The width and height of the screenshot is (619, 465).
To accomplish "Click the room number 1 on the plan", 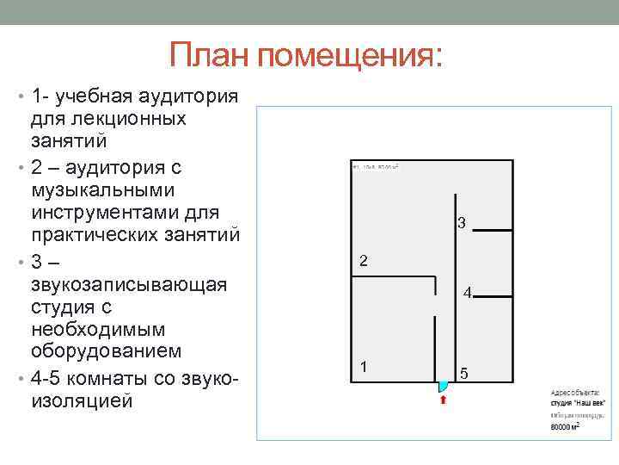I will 364,366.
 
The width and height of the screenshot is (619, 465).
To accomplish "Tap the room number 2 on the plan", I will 364,261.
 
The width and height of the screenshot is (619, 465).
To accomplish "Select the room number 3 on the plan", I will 461,224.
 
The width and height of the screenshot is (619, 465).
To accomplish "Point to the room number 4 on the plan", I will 467,294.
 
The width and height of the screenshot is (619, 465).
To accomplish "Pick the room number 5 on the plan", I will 464,374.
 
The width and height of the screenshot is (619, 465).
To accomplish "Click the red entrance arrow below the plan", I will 443,399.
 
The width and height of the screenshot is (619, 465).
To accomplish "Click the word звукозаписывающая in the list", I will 129,284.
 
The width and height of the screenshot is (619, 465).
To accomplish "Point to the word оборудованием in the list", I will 107,351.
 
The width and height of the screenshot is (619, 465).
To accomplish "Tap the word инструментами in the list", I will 112,211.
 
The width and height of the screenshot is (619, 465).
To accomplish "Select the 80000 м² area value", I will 565,425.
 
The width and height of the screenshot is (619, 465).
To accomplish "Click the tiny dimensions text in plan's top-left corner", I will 377,165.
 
